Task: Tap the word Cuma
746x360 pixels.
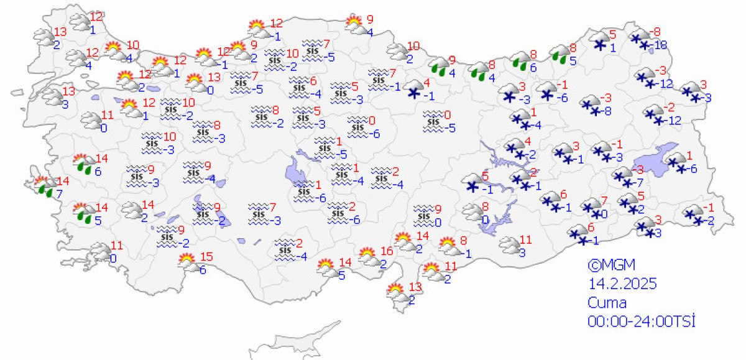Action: click(607, 303)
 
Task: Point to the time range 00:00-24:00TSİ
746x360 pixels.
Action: click(640, 321)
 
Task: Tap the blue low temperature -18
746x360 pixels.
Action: click(661, 45)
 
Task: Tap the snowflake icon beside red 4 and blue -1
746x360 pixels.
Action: click(413, 88)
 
